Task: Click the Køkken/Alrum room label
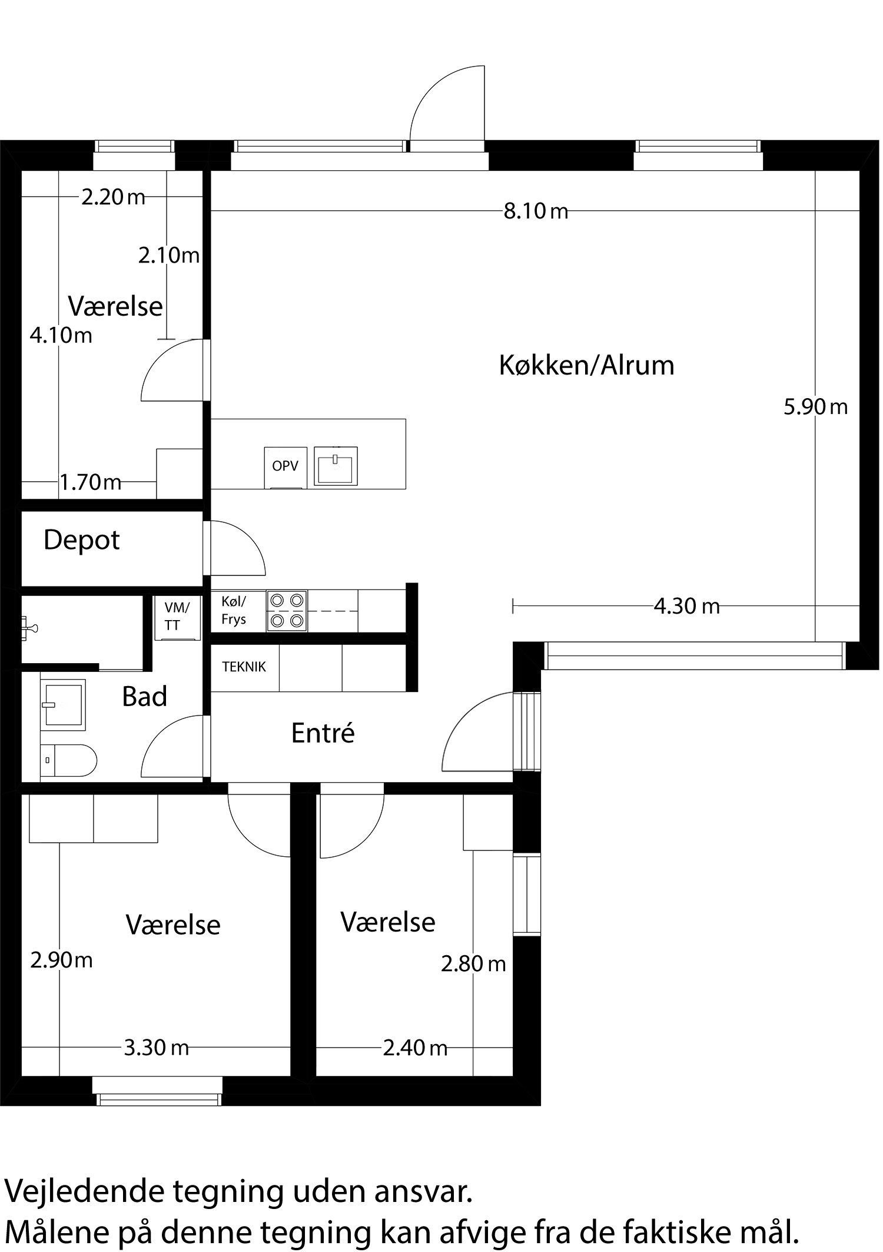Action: (586, 366)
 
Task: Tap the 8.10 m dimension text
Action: (536, 211)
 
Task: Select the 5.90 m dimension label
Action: (815, 407)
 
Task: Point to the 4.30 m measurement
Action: (686, 606)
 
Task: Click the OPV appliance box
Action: (285, 466)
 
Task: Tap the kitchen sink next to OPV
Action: (336, 466)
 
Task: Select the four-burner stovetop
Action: (287, 611)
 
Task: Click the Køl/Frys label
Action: (234, 611)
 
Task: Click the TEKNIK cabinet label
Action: (244, 667)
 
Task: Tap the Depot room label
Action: (81, 540)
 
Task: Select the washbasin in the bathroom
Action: (64, 704)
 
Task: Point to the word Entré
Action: (323, 733)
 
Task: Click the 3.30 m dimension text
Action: (156, 1048)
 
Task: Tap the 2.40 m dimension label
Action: (415, 1048)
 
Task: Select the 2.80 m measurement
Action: (473, 964)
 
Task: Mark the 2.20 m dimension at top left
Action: (113, 197)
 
